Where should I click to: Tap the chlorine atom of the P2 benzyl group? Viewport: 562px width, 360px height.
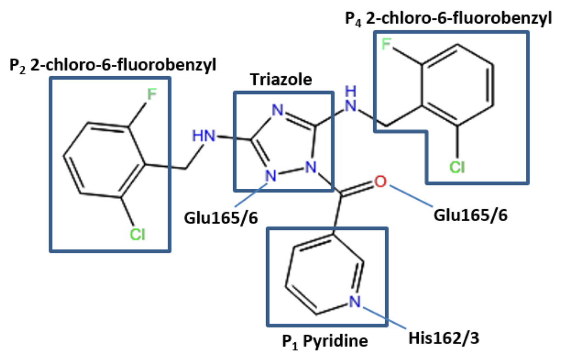(137, 235)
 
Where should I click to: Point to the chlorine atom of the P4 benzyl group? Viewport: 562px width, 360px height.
(457, 166)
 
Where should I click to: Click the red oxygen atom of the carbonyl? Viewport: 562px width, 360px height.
(379, 182)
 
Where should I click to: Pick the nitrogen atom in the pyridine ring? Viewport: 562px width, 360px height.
(355, 301)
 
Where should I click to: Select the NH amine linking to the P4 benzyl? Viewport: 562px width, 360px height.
(352, 98)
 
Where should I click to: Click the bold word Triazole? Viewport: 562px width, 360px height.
(281, 80)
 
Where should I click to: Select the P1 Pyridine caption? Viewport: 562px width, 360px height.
(325, 341)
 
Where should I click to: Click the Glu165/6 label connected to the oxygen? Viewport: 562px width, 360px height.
(470, 215)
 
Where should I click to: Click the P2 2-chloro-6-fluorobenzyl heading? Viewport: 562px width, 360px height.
(113, 65)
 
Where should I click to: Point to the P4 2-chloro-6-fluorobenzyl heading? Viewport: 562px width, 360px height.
(448, 19)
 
